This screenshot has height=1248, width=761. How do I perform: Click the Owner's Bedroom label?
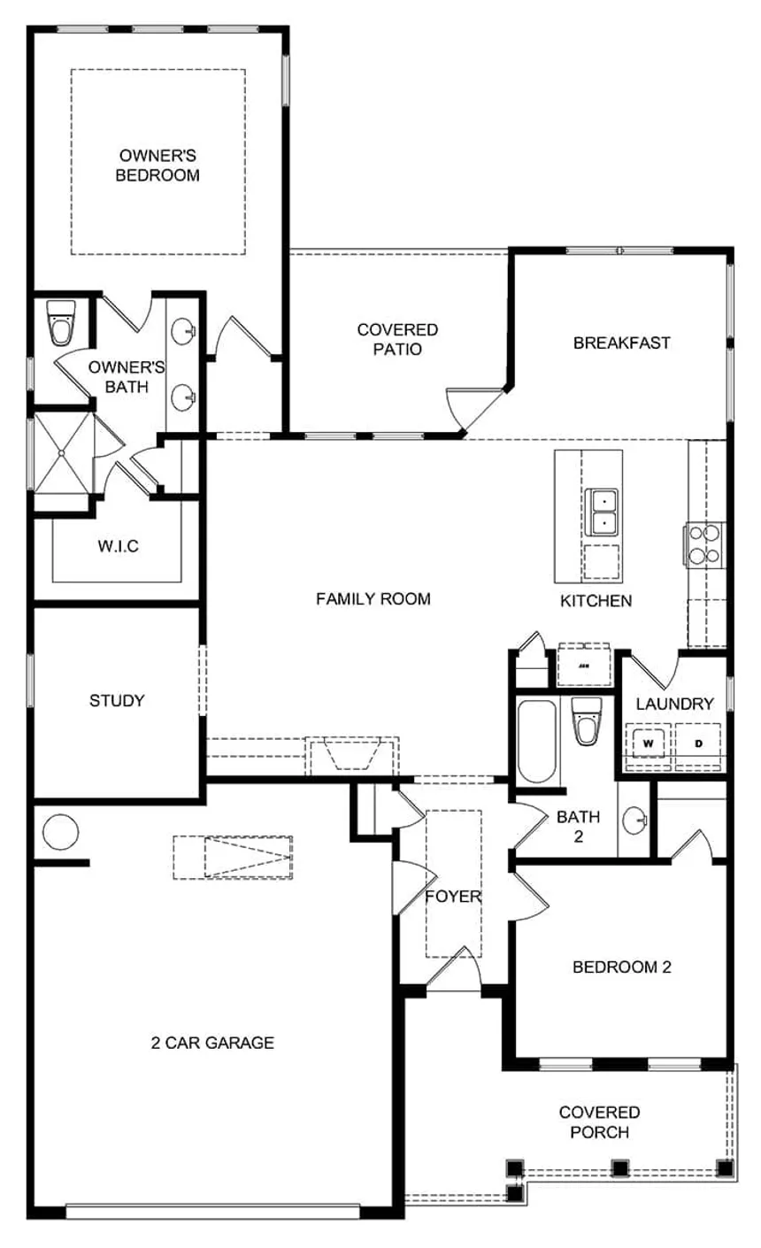[159, 164]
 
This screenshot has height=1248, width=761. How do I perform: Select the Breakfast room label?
[622, 343]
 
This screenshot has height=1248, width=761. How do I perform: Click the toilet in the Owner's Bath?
[62, 325]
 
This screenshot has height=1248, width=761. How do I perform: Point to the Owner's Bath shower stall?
[62, 453]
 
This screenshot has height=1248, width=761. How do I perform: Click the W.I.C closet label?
[118, 546]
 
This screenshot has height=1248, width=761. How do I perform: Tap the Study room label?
[117, 701]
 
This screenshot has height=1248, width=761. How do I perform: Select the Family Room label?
[373, 599]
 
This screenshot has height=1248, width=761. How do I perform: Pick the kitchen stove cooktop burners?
[704, 543]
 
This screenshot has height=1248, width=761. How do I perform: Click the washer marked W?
[649, 743]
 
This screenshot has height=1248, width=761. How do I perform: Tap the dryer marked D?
[698, 743]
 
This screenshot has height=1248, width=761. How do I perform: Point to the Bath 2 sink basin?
[634, 822]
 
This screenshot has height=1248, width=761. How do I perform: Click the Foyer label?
[453, 897]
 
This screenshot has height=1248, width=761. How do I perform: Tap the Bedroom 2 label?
[622, 967]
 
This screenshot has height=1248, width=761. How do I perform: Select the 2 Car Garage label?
[212, 1043]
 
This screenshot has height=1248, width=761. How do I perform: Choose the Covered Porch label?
[599, 1121]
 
